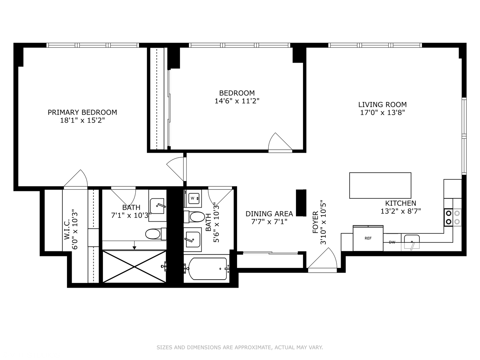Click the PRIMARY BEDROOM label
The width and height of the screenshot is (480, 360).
(x=82, y=112)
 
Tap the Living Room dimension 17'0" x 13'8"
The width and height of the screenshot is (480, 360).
(x=382, y=113)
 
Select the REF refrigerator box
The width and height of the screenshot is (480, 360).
(x=368, y=238)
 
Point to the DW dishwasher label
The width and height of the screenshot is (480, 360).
(x=392, y=242)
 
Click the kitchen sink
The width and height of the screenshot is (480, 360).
(x=412, y=242)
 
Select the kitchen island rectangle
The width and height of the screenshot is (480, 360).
(x=380, y=185)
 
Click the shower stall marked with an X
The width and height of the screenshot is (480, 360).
(x=134, y=267)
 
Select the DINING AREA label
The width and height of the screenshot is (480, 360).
(x=269, y=214)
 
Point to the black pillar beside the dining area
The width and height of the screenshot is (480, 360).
(x=301, y=203)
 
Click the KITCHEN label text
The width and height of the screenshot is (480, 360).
(x=401, y=203)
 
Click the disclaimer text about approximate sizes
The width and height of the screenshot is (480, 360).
(x=240, y=347)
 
